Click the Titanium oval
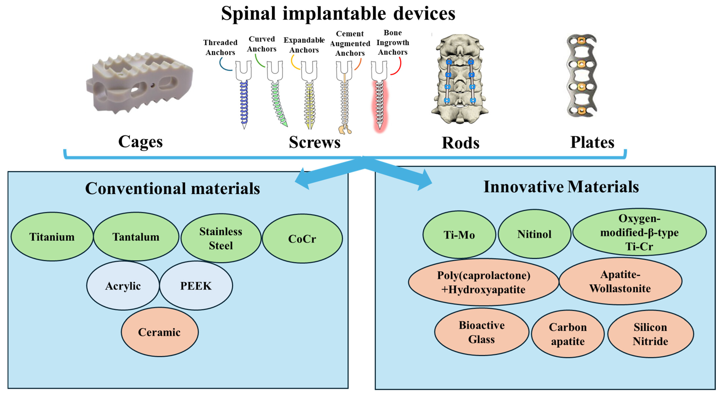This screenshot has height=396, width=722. [x=52, y=237]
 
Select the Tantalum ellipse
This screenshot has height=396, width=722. [x=136, y=237]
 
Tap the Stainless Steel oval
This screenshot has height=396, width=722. [x=221, y=238]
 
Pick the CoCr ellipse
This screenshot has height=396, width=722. [x=302, y=239]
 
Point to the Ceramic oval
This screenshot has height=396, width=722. [x=159, y=332]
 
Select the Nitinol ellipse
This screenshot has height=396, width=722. [x=534, y=234]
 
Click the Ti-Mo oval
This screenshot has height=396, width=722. [x=459, y=235]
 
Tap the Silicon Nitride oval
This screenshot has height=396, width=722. [x=650, y=334]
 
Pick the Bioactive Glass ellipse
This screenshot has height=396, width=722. [x=482, y=332]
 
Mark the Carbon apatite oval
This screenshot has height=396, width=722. [x=568, y=334]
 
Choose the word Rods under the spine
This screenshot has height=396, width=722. [x=460, y=143]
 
